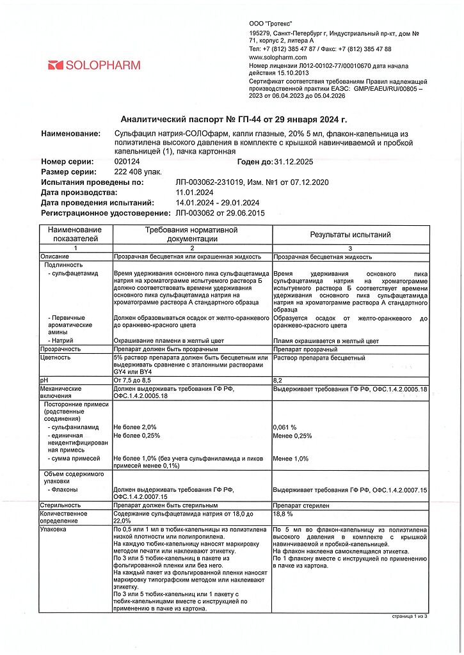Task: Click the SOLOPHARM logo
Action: pos(93,65)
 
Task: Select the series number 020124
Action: pos(125,162)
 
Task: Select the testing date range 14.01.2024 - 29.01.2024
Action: pos(218,203)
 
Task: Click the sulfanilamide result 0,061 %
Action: pos(285,427)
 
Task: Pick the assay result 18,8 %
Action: pos(283,514)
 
